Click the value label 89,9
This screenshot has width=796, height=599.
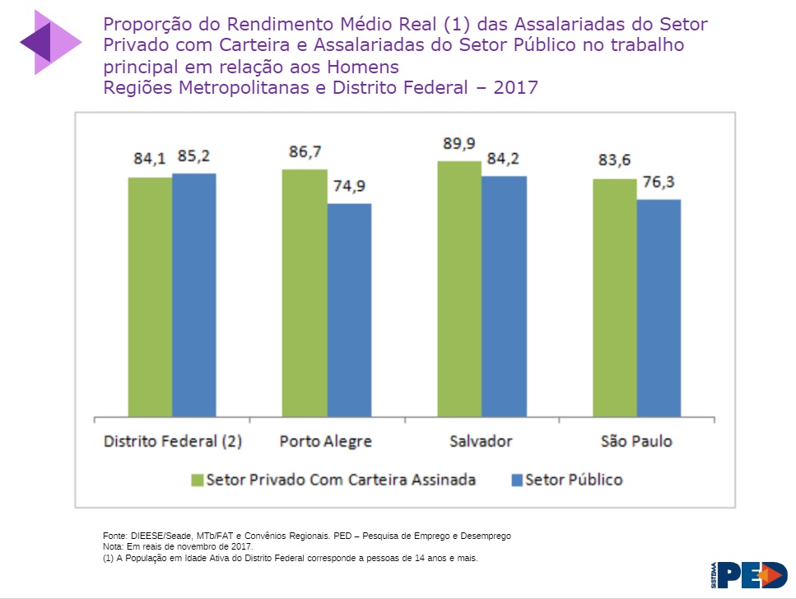click(459, 144)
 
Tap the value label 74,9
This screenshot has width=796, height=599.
click(349, 187)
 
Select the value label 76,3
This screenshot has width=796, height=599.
click(659, 183)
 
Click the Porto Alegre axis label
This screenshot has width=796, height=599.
click(325, 441)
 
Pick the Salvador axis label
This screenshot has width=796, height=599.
click(481, 441)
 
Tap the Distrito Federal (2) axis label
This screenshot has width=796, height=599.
click(172, 441)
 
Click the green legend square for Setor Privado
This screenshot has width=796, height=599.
click(197, 480)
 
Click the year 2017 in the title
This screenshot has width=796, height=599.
click(515, 87)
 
